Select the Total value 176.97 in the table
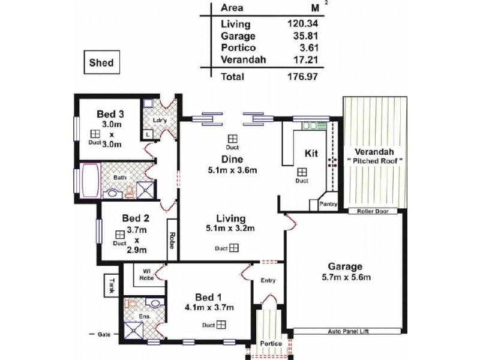point(302,77)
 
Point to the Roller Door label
point(373,211)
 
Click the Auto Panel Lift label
point(348,331)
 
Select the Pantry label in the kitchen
point(328,204)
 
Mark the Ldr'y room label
point(159,119)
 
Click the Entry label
point(267,281)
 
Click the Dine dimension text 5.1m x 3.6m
point(231,170)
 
